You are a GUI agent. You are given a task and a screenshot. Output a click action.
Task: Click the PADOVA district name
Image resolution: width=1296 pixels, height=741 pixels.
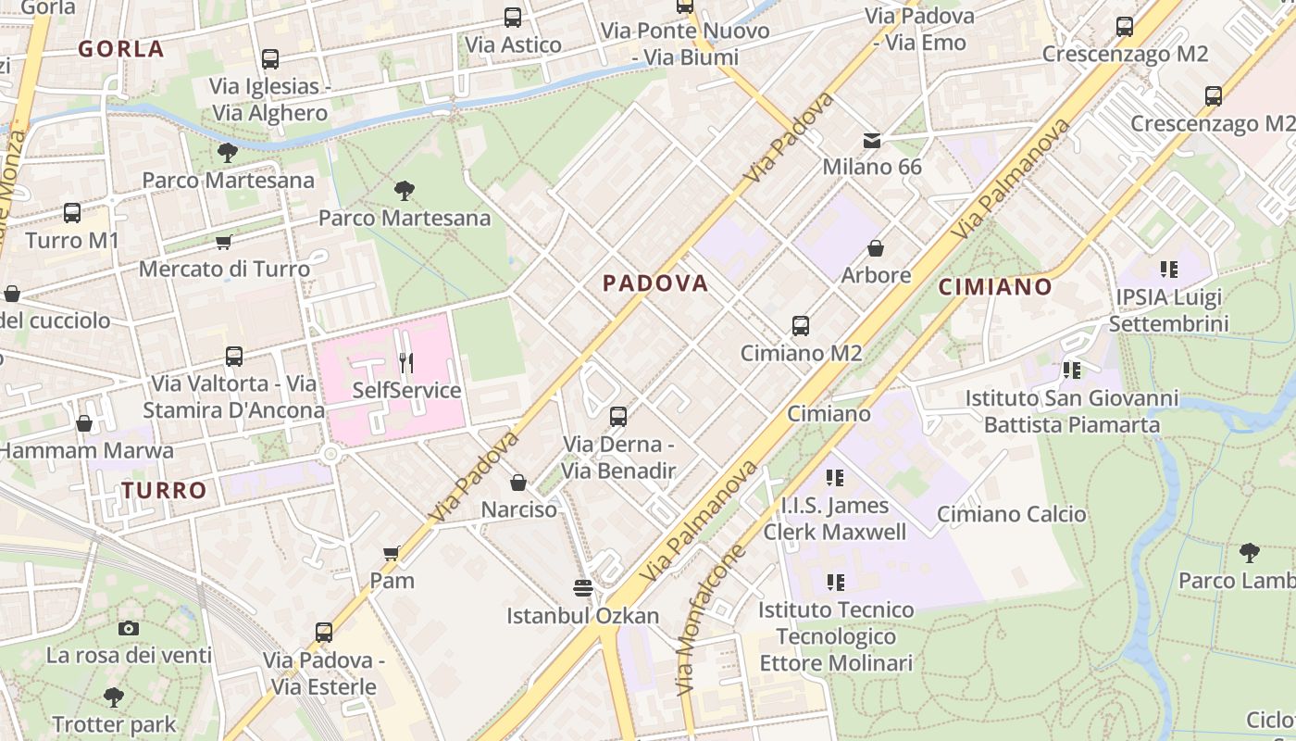655,283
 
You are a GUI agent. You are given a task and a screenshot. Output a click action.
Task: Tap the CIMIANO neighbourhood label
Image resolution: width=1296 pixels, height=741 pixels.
995,287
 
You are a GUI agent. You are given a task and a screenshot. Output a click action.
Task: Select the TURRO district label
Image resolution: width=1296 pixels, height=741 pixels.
165,490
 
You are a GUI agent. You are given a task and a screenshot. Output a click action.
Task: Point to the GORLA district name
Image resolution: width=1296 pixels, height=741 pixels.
121,49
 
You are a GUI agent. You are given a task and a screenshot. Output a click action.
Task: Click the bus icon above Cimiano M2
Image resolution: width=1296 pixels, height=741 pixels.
801,326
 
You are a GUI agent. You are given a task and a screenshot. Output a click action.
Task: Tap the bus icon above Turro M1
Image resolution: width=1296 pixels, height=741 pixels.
72,213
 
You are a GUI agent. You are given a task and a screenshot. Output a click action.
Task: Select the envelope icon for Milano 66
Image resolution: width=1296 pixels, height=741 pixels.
872,141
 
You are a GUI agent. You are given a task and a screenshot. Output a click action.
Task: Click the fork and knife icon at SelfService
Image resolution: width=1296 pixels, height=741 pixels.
406,361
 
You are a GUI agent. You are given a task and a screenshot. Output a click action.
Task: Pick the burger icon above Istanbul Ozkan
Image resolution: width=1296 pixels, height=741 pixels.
582,587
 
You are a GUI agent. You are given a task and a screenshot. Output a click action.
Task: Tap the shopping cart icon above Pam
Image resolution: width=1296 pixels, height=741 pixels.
392,553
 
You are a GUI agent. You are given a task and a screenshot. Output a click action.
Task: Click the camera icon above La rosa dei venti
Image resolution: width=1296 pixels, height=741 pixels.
129,628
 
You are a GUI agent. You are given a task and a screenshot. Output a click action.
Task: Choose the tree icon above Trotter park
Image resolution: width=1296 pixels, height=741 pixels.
114,697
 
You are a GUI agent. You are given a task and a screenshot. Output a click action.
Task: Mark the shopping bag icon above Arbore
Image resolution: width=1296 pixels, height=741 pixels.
876,248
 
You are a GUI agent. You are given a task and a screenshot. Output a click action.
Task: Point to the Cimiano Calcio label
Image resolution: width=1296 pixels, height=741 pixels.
1011,514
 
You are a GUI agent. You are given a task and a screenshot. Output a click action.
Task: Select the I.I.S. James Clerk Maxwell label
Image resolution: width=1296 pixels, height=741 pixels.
835,519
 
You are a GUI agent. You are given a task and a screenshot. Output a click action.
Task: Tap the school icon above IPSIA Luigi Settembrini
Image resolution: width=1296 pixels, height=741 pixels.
1168,270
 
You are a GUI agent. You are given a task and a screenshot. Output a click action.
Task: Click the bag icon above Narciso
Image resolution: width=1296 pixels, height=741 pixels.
518,483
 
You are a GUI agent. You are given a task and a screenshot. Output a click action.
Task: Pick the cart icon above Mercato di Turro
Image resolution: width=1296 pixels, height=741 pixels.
223,243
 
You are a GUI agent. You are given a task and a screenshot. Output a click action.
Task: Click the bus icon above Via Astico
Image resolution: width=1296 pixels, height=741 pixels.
513,17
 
